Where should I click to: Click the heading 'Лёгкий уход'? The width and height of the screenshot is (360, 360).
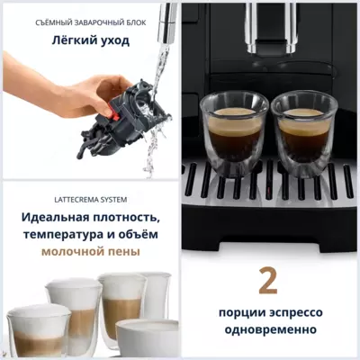(x=89, y=40)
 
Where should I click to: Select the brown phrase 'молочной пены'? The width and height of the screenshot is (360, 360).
(x=89, y=255)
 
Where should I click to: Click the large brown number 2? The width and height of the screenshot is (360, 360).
(x=267, y=281)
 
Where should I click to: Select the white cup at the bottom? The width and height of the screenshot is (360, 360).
(x=148, y=339)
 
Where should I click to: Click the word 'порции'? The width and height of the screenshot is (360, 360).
(x=241, y=312)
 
